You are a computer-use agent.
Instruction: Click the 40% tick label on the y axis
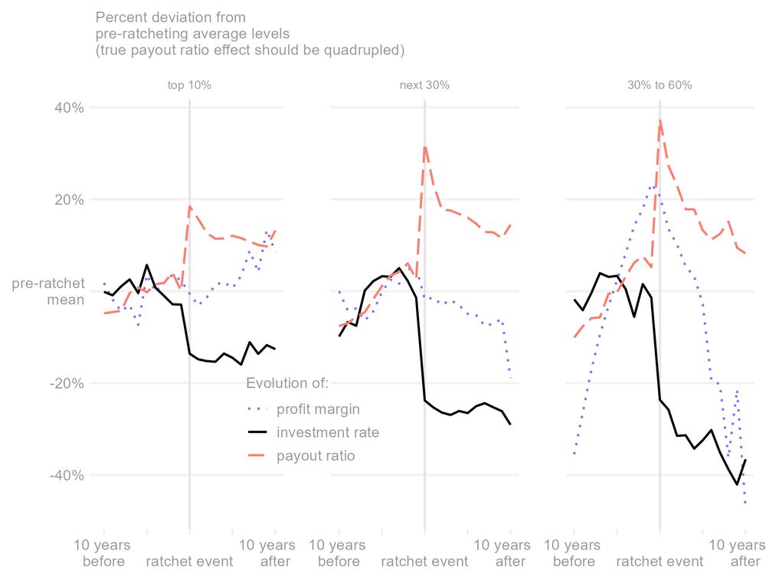point(67,107)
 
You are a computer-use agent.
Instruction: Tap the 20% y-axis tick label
point(67,199)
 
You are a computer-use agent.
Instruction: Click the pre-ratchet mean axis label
point(47,291)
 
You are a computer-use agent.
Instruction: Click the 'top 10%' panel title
point(189,85)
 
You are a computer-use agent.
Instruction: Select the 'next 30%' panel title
point(424,85)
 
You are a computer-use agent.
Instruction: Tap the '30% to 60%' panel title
point(660,85)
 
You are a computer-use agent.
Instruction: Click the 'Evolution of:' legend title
point(287,383)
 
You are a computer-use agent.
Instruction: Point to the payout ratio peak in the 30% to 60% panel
point(660,120)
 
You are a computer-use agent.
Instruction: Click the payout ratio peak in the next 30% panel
point(424,146)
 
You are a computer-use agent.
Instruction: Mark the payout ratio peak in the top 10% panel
point(190,206)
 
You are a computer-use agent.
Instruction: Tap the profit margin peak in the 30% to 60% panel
point(653,186)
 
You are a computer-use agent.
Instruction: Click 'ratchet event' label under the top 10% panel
point(189,561)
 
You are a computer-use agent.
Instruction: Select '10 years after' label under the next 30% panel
point(502,553)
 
